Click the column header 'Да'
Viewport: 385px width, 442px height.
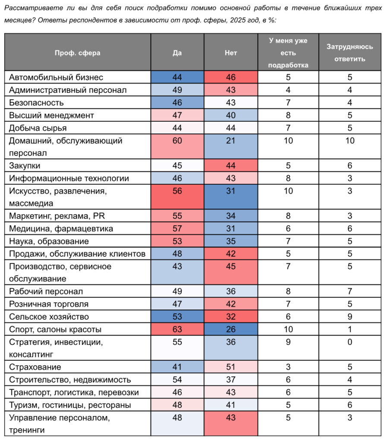tap(177, 53)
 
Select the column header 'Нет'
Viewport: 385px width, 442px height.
tap(231, 53)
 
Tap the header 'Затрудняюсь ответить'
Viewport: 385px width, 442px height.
tap(350, 53)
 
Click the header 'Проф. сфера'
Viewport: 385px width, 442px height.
tap(77, 53)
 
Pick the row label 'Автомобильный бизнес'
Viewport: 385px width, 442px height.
tap(56, 77)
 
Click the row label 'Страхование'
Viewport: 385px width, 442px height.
tap(35, 367)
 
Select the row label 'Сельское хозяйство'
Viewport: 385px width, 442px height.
tap(49, 317)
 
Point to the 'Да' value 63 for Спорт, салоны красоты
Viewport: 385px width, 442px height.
tap(177, 330)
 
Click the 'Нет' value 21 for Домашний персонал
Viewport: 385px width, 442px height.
tap(231, 141)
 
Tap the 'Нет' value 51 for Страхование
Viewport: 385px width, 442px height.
tap(231, 367)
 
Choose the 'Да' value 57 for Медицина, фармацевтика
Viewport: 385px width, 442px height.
tap(177, 229)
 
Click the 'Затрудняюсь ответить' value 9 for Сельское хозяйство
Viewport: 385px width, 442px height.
tap(350, 317)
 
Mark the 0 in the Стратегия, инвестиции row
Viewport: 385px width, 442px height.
tap(350, 342)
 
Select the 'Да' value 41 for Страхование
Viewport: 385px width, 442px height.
tap(177, 367)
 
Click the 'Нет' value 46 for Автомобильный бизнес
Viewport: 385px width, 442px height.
tap(231, 77)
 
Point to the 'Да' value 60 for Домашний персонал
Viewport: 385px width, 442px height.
tap(177, 141)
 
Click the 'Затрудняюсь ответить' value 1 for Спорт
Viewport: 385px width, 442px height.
tap(350, 330)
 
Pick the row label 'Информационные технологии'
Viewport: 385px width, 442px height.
tap(69, 178)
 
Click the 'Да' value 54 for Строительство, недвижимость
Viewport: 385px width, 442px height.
tap(177, 380)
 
